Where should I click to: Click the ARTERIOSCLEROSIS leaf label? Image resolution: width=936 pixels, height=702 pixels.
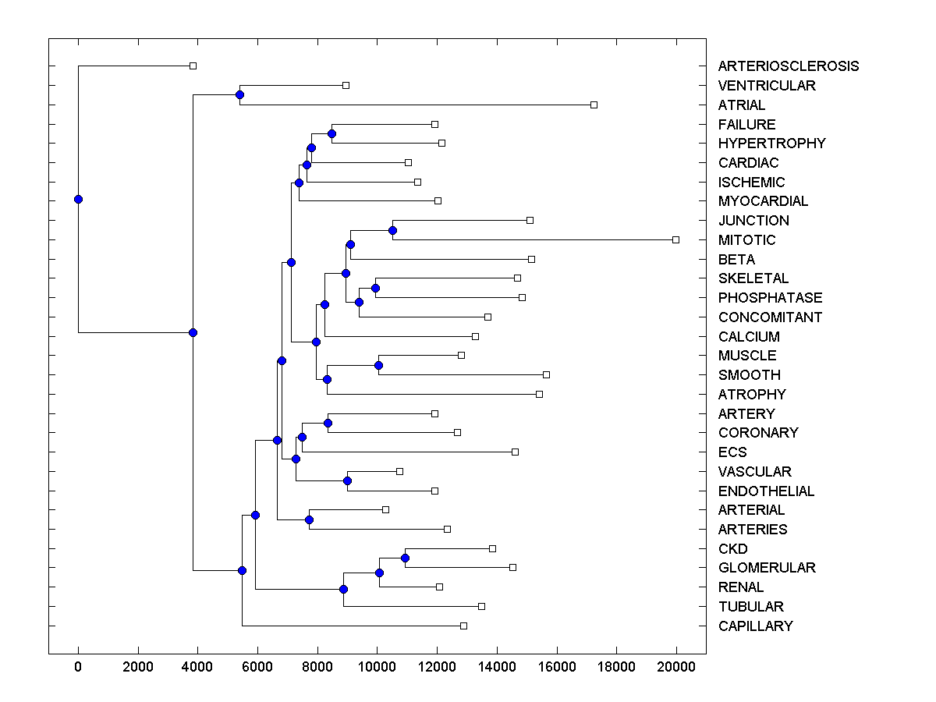[788, 66]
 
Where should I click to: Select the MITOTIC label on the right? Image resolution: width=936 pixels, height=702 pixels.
[746, 240]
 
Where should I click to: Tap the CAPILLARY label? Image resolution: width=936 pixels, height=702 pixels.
[755, 626]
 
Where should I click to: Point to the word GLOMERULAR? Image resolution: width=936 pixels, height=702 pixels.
[767, 568]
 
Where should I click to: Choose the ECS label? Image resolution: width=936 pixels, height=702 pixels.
[732, 452]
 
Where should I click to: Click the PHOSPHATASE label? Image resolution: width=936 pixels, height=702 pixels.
[770, 298]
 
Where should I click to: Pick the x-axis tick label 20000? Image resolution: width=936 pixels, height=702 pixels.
[675, 665]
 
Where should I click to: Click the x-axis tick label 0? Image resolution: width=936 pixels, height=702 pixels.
[78, 665]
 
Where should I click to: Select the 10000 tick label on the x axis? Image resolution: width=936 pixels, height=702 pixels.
[377, 665]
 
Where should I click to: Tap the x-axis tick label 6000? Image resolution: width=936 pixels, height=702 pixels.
[257, 665]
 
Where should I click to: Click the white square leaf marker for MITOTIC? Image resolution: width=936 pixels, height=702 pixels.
[675, 239]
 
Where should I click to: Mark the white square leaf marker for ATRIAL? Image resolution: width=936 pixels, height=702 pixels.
[594, 105]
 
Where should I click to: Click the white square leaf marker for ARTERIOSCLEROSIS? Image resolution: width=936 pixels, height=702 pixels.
[193, 66]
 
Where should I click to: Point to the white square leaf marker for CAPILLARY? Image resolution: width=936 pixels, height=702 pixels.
[463, 626]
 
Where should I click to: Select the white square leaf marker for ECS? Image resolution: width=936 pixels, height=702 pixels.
[515, 452]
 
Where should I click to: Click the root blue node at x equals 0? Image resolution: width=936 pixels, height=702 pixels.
[78, 199]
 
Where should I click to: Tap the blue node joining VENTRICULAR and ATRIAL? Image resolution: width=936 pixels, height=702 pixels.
[239, 95]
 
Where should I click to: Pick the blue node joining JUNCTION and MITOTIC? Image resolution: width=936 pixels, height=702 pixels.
[392, 230]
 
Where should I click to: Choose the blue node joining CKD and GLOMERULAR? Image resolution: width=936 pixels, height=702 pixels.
[405, 558]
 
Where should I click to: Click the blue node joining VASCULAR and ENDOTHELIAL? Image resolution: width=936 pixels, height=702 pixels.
[347, 480]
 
